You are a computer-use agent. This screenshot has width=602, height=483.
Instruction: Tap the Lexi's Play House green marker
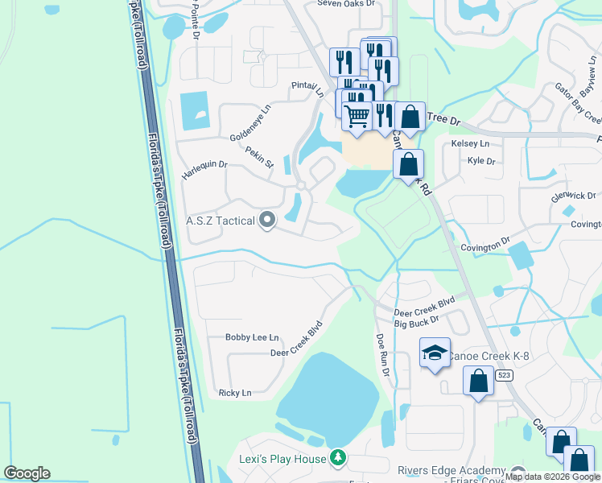[x=339, y=458]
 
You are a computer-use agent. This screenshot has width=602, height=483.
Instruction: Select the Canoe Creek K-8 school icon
[x=435, y=353]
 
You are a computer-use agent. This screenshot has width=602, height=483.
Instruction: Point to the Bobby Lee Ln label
[x=252, y=337]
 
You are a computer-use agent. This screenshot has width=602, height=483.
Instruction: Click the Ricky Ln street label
[x=235, y=393]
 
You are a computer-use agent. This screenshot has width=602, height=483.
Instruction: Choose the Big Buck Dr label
[x=416, y=322]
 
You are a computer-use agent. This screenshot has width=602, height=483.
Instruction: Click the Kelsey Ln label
[x=471, y=143]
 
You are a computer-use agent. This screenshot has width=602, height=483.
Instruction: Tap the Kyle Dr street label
[x=480, y=161]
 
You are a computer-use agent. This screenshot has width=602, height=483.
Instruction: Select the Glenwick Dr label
[x=573, y=196]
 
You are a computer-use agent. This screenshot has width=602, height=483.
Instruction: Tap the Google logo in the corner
[x=27, y=473]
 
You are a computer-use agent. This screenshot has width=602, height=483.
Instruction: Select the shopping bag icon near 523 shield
[x=478, y=381]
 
